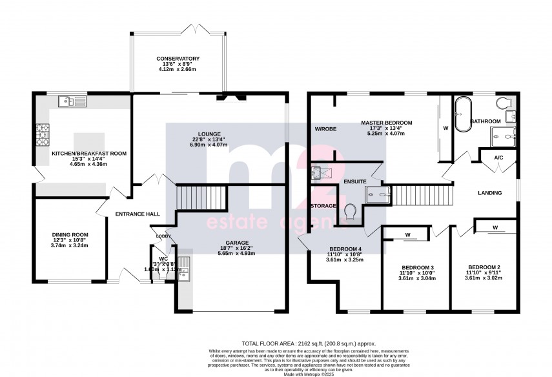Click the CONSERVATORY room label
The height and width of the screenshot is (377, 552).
pyautogui.click(x=178, y=59)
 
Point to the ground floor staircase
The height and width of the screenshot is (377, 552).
pyautogui.click(x=202, y=197)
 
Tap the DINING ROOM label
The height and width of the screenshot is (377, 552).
pyautogui.click(x=70, y=234)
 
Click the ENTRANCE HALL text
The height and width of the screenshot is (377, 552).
pyautogui.click(x=138, y=214)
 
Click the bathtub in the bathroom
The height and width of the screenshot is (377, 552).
pyautogui.click(x=464, y=114)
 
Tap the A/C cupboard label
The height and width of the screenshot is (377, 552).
pyautogui.click(x=498, y=158)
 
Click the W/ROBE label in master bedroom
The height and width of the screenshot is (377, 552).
pyautogui.click(x=324, y=129)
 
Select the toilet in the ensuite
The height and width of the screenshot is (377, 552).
pyautogui.click(x=351, y=212)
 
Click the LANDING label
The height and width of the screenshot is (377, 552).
pyautogui.click(x=491, y=193)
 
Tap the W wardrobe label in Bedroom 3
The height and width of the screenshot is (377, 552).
pyautogui.click(x=408, y=234)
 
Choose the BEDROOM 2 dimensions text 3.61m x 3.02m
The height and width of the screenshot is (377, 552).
pyautogui.click(x=484, y=278)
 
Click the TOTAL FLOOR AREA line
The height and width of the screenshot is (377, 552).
pyautogui.click(x=309, y=344)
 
